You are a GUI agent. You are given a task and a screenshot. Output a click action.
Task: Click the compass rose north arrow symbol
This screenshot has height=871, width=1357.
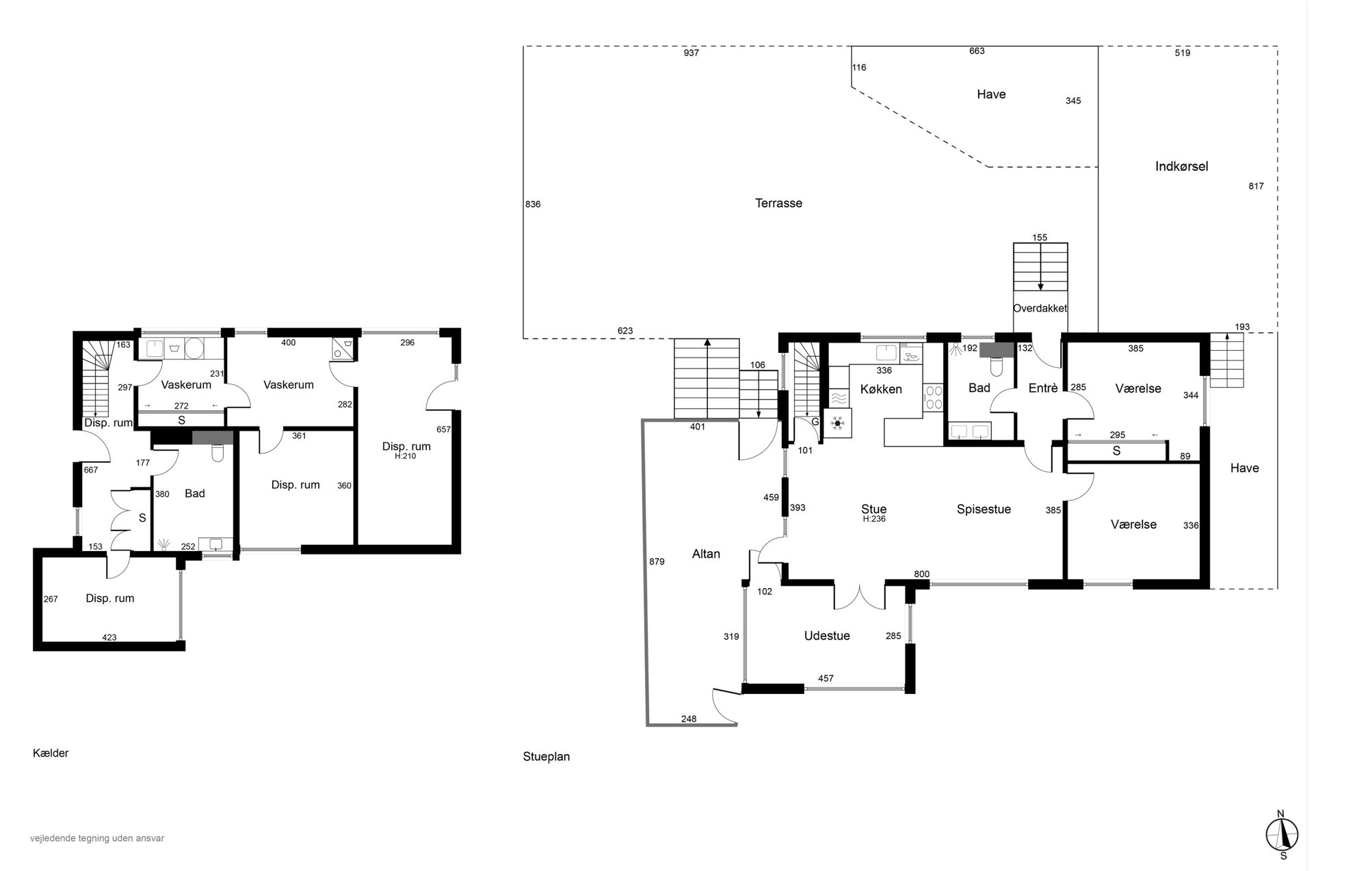tap(1282, 835)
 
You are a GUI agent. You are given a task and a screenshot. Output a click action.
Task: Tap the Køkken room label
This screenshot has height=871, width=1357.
tap(881, 389)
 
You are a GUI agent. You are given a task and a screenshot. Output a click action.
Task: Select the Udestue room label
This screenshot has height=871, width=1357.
tap(827, 636)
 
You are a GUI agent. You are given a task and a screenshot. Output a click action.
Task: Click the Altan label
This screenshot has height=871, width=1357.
tap(706, 554)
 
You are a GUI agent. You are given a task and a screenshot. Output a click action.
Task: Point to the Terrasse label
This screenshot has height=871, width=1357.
tap(778, 203)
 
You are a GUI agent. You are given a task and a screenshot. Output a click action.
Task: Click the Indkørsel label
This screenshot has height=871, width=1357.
tap(1181, 166)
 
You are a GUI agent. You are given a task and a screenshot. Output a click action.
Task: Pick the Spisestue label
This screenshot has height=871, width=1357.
tap(984, 509)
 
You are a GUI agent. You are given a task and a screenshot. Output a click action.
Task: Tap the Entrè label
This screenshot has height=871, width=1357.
tap(1043, 388)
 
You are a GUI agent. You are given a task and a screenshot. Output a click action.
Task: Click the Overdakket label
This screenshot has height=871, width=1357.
tap(1040, 308)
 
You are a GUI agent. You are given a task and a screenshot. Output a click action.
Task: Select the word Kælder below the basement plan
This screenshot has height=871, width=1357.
tap(51, 753)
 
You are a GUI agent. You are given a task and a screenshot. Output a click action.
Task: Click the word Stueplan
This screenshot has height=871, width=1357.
tap(546, 757)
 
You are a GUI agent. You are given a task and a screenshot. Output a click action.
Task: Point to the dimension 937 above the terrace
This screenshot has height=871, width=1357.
tap(691, 53)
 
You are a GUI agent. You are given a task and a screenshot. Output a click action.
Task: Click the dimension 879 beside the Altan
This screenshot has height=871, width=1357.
tap(657, 562)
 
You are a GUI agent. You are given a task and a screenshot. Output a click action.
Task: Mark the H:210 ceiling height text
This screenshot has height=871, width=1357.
tap(406, 456)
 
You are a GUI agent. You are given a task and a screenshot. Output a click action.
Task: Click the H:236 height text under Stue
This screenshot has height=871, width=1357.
tap(874, 519)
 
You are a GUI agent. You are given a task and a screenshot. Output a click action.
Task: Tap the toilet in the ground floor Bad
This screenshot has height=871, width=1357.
tap(996, 367)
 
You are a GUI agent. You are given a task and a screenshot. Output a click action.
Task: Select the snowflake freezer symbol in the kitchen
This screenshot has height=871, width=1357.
tap(838, 423)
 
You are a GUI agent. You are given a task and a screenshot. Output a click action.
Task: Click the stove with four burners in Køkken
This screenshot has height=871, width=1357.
tap(933, 398)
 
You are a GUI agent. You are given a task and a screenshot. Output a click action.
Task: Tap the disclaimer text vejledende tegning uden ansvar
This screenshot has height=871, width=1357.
tap(97, 838)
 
